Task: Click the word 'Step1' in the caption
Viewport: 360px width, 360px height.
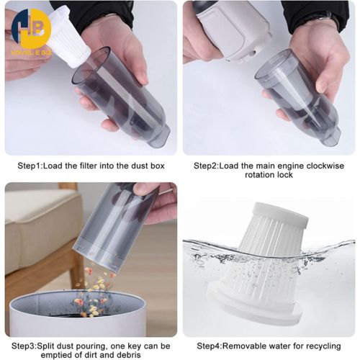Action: (x=31, y=165)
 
